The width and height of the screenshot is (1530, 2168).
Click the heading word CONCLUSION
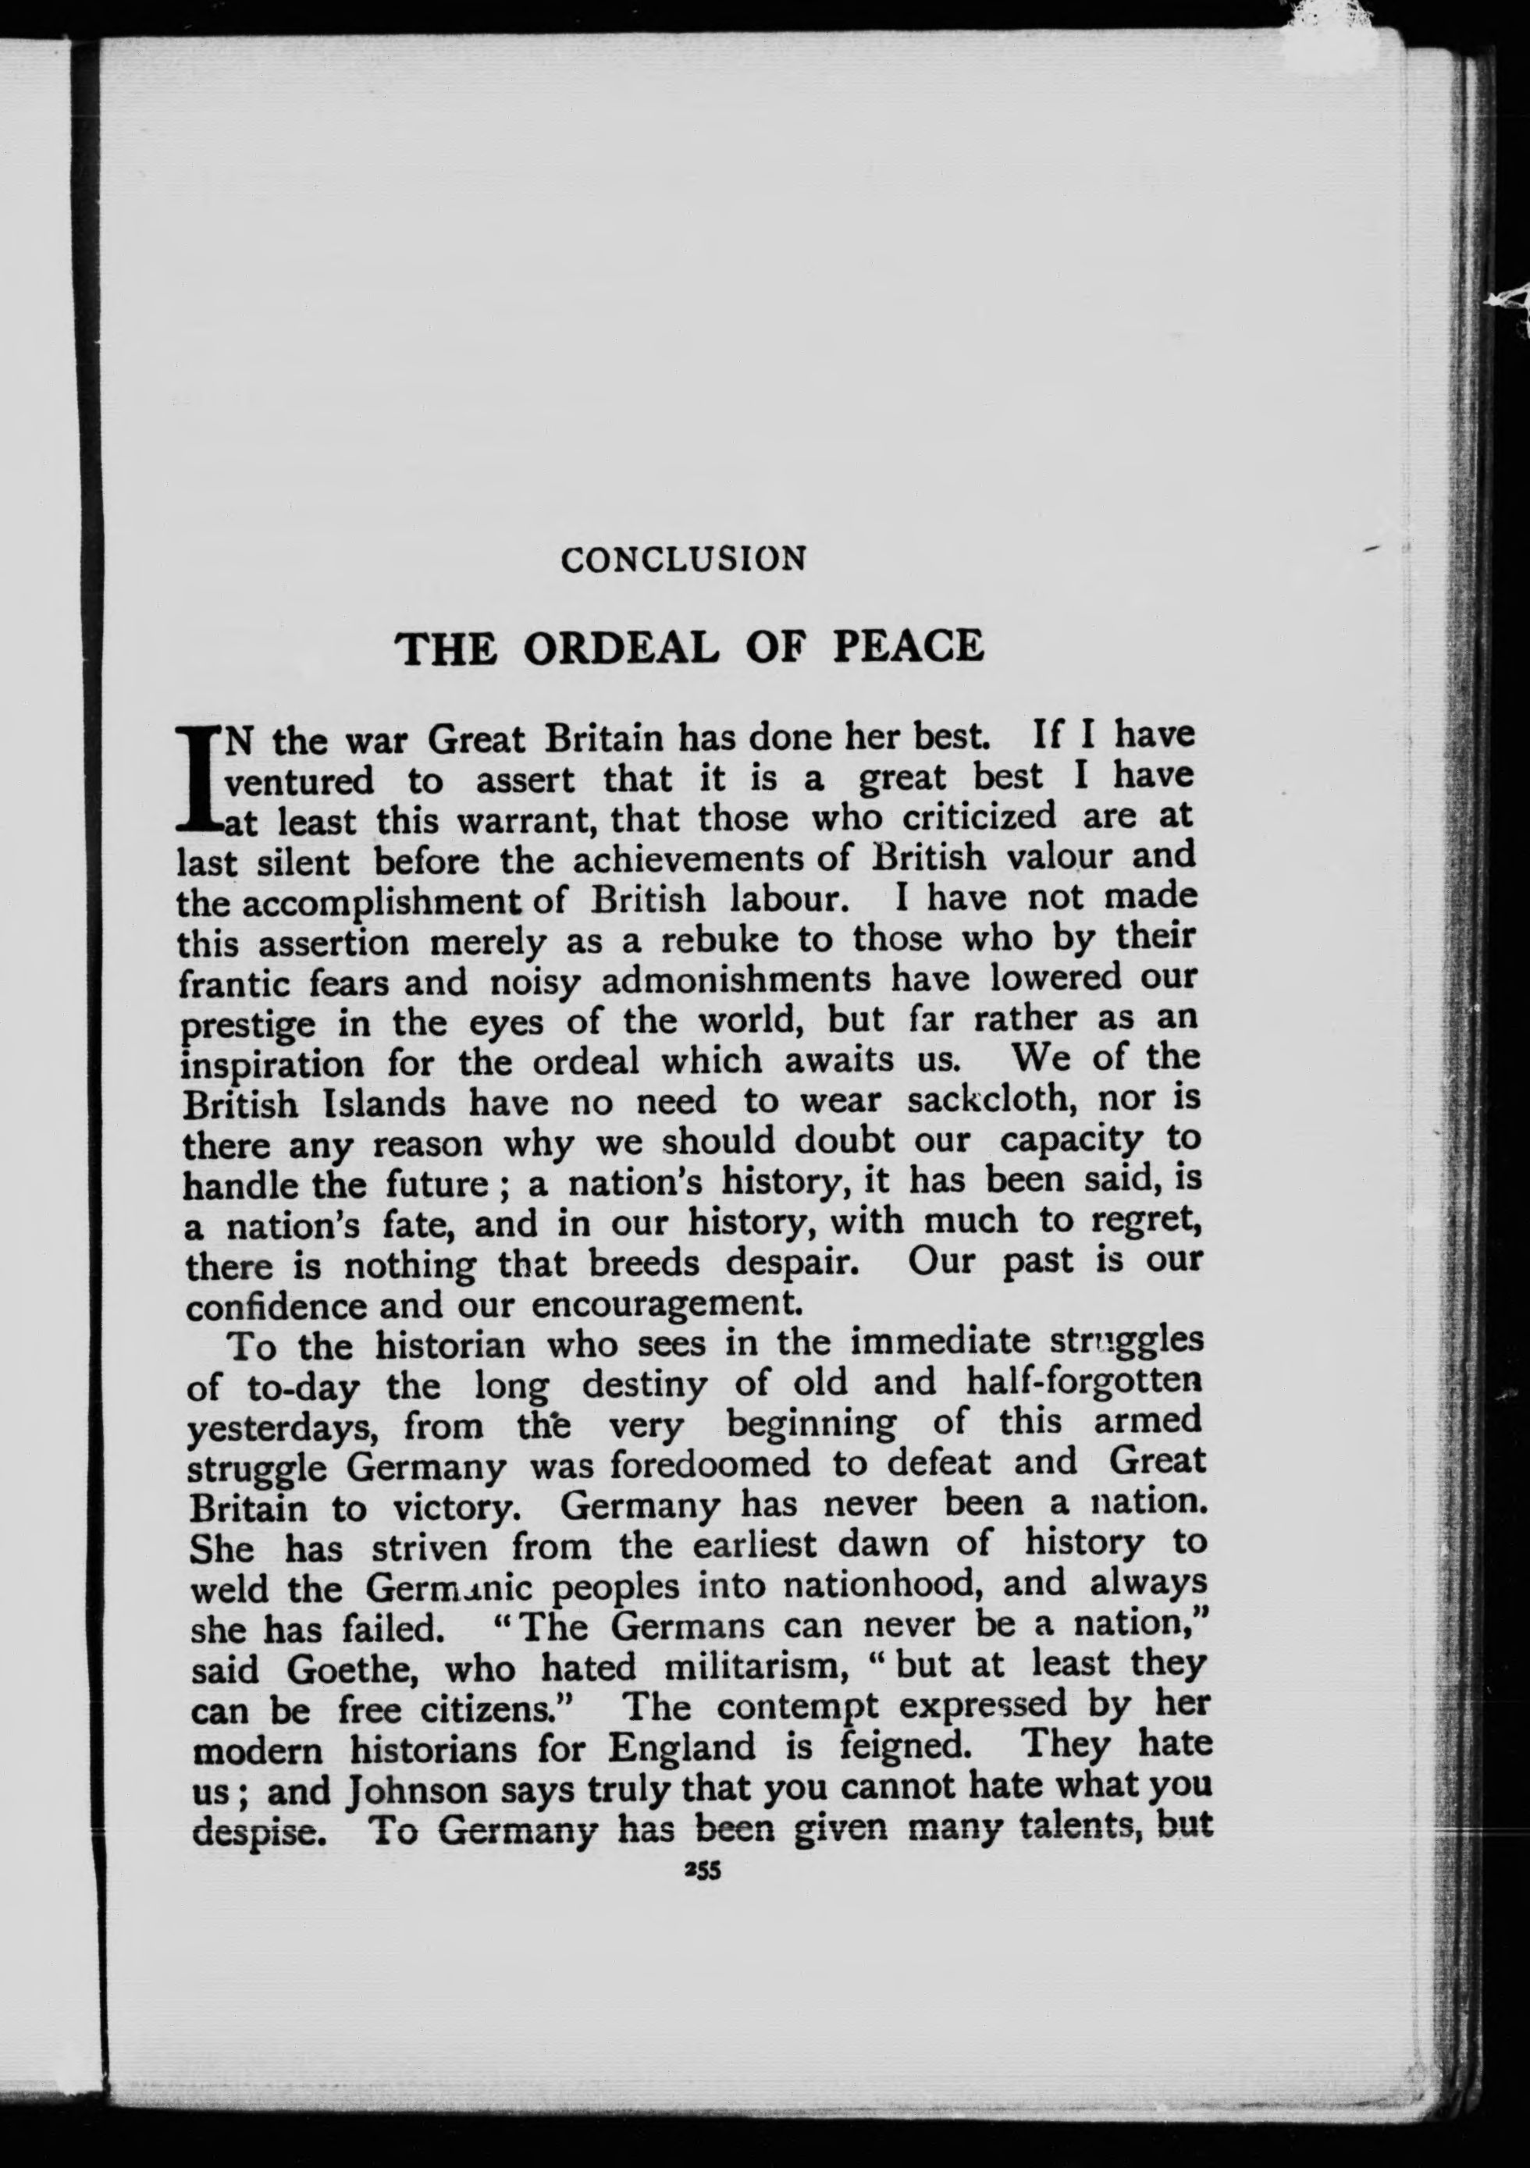click(x=683, y=559)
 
